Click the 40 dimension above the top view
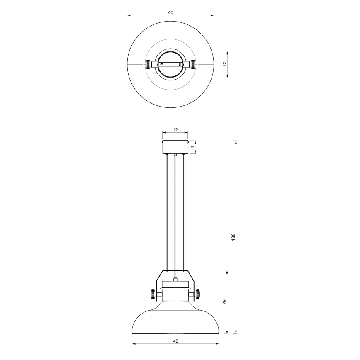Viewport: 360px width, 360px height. [170, 12]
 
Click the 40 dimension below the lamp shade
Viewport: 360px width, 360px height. [175, 341]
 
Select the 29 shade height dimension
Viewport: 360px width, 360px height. [224, 302]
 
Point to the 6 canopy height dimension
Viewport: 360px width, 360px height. [193, 147]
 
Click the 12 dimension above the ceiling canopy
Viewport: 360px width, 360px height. [175, 130]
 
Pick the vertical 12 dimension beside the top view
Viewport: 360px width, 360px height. [224, 64]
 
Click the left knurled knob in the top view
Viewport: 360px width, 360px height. [148, 65]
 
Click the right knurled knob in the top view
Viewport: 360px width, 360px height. [193, 65]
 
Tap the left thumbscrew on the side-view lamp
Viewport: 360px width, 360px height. [153, 294]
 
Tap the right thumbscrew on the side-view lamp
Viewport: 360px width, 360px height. [198, 294]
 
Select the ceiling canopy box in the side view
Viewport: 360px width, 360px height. [175, 147]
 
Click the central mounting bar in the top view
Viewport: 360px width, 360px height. [170, 65]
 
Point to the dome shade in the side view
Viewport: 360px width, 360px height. [175, 321]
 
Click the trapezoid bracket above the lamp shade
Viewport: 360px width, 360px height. [175, 275]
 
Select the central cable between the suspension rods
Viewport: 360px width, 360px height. [175, 216]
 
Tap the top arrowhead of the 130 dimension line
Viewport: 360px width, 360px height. [236, 142]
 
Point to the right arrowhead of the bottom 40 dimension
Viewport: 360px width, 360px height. [218, 344]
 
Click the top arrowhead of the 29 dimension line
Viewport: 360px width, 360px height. [227, 271]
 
